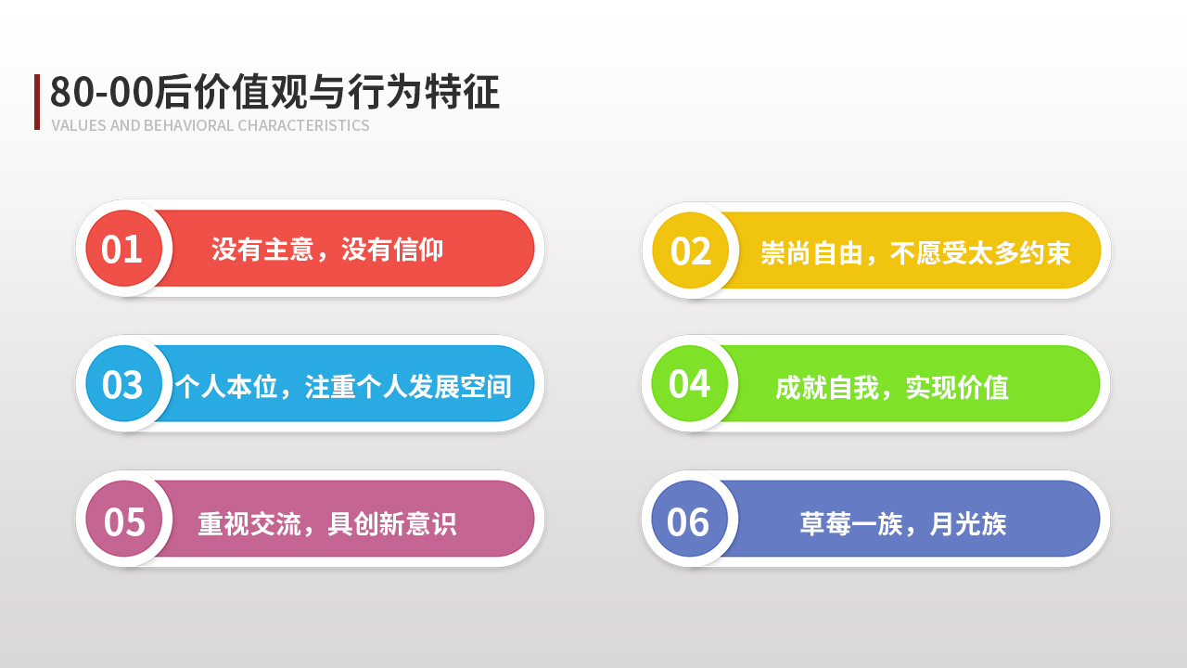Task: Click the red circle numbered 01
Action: [124, 249]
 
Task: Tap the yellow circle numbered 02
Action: [691, 250]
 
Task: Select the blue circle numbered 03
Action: [124, 384]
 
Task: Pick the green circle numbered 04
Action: [689, 383]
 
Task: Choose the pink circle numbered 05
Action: [124, 519]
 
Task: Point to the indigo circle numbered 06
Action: [689, 519]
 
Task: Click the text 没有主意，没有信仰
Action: [327, 250]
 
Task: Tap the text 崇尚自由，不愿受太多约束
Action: [915, 252]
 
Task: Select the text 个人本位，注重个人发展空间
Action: [343, 386]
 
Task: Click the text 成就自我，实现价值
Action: [892, 387]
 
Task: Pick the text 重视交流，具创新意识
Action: [327, 524]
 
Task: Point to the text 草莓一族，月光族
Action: [903, 524]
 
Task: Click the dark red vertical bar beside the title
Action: [37, 102]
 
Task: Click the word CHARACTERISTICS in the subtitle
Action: [303, 125]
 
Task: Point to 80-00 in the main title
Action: [102, 92]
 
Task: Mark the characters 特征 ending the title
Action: [462, 92]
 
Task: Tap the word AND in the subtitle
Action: [125, 125]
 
